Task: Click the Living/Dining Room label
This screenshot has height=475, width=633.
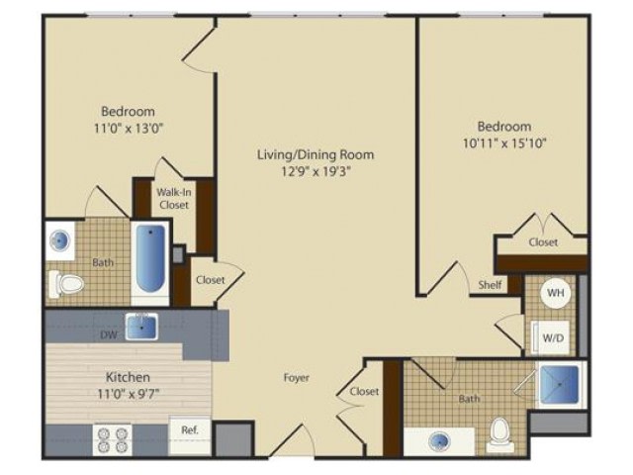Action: [x=316, y=154]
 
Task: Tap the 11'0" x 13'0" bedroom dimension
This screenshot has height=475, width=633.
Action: [x=129, y=129]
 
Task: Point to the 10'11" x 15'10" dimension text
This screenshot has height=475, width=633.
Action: [x=504, y=143]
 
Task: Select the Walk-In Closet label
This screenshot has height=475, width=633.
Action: [x=174, y=198]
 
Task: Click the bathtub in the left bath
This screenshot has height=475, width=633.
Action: [x=150, y=258]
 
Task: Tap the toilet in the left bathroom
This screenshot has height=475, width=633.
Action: [x=66, y=284]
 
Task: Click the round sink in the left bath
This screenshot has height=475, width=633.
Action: [x=59, y=241]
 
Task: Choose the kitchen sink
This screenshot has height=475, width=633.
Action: [x=141, y=327]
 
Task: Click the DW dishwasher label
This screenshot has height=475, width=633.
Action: [x=109, y=334]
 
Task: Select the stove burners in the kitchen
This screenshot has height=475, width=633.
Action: [x=113, y=439]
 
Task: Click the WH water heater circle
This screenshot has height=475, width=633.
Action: [x=556, y=293]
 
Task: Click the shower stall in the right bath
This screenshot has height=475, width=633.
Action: [x=560, y=384]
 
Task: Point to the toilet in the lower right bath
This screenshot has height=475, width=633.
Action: [x=500, y=435]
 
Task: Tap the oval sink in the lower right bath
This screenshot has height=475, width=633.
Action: [x=439, y=439]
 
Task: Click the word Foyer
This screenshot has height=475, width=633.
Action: [x=297, y=378]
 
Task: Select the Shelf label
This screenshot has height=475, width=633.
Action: [x=491, y=285]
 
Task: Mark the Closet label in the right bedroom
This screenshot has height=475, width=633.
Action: [x=543, y=241]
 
